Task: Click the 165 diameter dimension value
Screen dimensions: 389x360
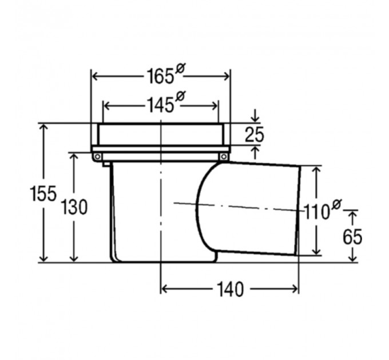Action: coord(160,77)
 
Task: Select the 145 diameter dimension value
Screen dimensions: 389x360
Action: coord(160,105)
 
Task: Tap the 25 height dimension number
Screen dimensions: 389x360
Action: coord(255,135)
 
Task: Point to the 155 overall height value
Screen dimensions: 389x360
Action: coord(43,194)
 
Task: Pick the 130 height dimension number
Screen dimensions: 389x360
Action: coord(74,207)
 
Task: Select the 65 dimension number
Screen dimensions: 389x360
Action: coord(352,237)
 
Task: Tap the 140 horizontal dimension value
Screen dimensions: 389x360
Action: coord(230,289)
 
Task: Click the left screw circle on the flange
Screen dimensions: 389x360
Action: coord(97,157)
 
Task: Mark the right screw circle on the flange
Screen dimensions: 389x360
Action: coord(224,157)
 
